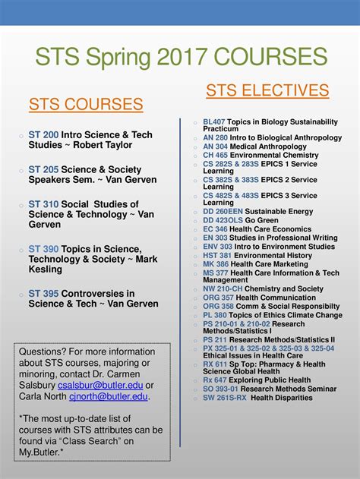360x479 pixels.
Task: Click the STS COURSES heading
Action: [x=86, y=104]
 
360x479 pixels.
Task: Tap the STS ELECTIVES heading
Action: [x=267, y=91]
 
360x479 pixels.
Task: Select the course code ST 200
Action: [x=44, y=135]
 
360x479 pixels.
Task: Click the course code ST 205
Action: [x=44, y=169]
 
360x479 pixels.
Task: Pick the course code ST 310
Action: [x=44, y=204]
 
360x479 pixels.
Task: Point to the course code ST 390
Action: [x=44, y=248]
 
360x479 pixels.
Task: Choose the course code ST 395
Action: [x=44, y=293]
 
